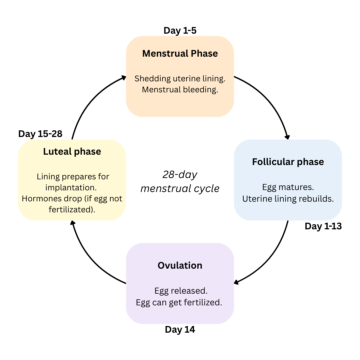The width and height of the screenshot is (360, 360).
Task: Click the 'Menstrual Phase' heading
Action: pyautogui.click(x=180, y=54)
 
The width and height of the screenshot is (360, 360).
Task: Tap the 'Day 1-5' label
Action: pyautogui.click(x=180, y=31)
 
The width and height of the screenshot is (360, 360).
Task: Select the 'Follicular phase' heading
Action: pyautogui.click(x=288, y=162)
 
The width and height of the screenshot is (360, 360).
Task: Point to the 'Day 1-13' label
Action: pyautogui.click(x=323, y=226)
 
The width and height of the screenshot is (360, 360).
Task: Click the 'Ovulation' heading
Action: pyautogui.click(x=180, y=266)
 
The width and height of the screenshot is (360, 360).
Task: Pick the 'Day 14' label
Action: pyautogui.click(x=180, y=330)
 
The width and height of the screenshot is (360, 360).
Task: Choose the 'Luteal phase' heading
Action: pyautogui.click(x=72, y=152)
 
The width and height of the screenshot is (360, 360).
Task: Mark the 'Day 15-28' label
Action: pyautogui.click(x=40, y=134)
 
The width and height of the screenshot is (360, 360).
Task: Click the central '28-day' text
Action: pyautogui.click(x=180, y=174)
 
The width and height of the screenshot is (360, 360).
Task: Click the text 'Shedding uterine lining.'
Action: pyautogui.click(x=180, y=79)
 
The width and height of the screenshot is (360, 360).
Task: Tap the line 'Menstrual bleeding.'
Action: pyautogui.click(x=180, y=90)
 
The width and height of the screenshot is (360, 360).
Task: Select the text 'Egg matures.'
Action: pyautogui.click(x=288, y=187)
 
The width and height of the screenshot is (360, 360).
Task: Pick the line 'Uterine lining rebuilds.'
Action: pyautogui.click(x=288, y=199)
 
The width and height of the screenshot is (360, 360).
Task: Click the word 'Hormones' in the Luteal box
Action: pyautogui.click(x=38, y=199)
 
